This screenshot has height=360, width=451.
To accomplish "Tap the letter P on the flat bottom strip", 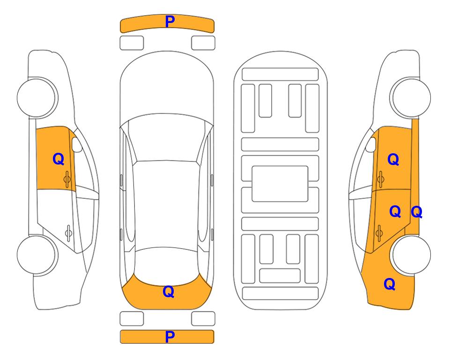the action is (x=170, y=337).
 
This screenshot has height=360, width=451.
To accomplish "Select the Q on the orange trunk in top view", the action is (x=169, y=292).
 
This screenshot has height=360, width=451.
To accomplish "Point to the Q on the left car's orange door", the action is (x=59, y=159).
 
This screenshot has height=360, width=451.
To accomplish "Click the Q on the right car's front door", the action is (x=393, y=159).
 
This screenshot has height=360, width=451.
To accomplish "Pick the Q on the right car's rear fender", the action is (x=390, y=284).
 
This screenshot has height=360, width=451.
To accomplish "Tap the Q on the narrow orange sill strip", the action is (x=417, y=212).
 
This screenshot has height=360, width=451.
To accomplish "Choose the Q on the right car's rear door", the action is (x=395, y=211).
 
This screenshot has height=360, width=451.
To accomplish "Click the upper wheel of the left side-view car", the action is (x=37, y=97).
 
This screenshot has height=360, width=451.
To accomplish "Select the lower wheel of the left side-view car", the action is (x=37, y=255).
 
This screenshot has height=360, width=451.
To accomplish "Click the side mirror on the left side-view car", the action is (x=77, y=144).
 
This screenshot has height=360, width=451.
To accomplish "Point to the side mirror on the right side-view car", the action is (x=371, y=144).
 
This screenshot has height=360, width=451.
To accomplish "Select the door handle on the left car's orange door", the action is (x=67, y=179).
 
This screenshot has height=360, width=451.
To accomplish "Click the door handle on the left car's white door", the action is (x=68, y=232).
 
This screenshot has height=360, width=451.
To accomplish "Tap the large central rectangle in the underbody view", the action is (x=280, y=184).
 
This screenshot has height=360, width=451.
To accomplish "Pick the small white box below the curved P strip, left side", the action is (x=132, y=43).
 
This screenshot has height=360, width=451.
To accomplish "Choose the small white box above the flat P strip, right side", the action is (x=203, y=319).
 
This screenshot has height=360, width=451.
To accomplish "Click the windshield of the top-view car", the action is (x=167, y=138).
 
